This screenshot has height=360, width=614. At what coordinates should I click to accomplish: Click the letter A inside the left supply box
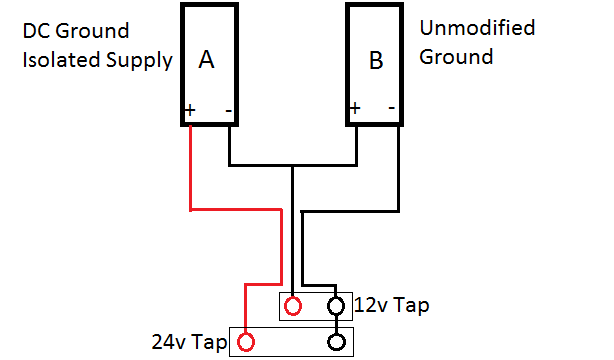point(207,61)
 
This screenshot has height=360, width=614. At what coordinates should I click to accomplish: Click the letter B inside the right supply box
point(375,62)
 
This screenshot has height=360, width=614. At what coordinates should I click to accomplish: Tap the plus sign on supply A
point(188,107)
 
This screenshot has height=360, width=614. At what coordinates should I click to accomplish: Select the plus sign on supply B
point(354,106)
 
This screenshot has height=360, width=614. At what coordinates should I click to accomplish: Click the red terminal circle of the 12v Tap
point(293,305)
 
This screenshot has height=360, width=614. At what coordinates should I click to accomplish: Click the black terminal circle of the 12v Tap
point(338,305)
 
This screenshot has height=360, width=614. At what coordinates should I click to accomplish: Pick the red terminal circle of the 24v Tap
point(245,343)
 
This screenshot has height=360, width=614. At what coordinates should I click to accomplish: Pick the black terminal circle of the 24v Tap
point(338,343)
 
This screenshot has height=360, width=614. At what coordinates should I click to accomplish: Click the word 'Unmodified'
point(477,28)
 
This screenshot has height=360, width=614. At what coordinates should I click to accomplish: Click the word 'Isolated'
point(59,60)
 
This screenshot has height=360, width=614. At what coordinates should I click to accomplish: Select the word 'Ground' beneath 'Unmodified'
point(456,57)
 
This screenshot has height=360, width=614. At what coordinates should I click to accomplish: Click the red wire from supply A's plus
point(189,170)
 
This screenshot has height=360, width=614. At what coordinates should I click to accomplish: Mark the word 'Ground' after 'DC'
point(89,32)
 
